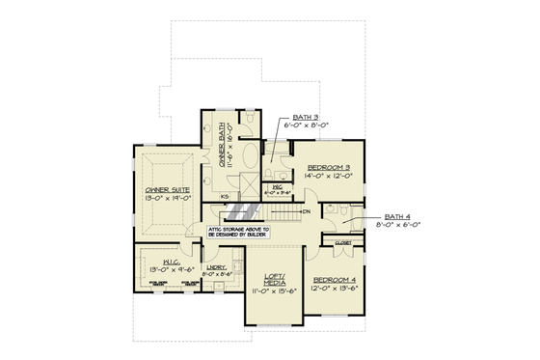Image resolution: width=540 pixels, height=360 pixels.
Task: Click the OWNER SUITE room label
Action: (x=168, y=190)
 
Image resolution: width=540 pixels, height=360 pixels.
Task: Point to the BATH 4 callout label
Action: (x=396, y=216)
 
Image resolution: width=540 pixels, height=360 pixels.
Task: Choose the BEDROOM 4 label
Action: (x=335, y=280)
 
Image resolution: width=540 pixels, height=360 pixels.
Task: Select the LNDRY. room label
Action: (x=218, y=266)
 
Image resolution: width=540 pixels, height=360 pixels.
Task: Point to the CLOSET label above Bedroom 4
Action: (x=343, y=243)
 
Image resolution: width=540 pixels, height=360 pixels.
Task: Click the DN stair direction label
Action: (x=306, y=211)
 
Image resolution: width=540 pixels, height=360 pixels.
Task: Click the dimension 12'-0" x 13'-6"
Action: (x=335, y=289)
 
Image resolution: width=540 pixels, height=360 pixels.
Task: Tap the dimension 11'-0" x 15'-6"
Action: (x=275, y=290)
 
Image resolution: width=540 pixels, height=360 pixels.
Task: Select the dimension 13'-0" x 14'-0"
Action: (x=168, y=199)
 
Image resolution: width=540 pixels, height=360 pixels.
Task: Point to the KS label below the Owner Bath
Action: (x=225, y=197)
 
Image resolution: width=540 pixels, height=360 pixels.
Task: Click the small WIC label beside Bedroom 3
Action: (x=277, y=187)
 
